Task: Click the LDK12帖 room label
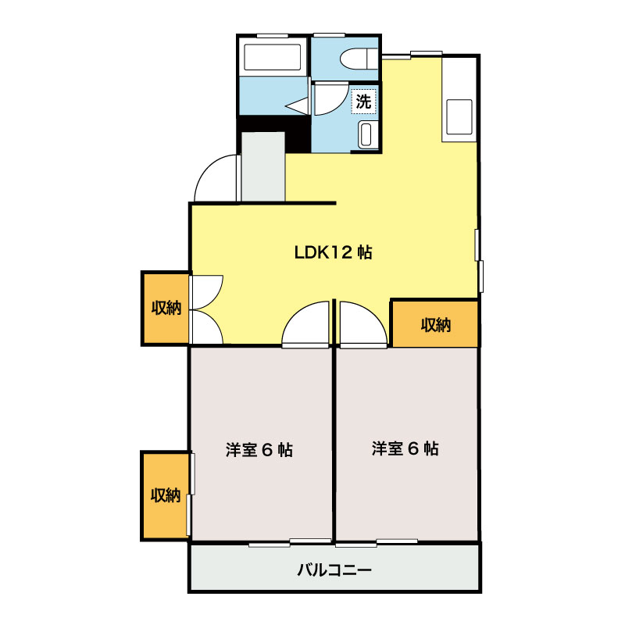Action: pos(332,252)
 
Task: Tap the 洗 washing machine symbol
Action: pos(364,101)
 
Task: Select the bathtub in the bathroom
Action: pos(273,57)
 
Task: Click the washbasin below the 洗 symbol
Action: pos(366,134)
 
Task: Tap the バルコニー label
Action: pos(334,570)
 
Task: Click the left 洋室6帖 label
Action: pos(259,450)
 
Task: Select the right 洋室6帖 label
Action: pos(405,448)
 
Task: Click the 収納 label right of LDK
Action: pos(435,324)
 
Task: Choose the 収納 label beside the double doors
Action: pos(166,308)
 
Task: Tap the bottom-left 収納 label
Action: pos(166,495)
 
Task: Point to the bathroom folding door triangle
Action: pos(298,104)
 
